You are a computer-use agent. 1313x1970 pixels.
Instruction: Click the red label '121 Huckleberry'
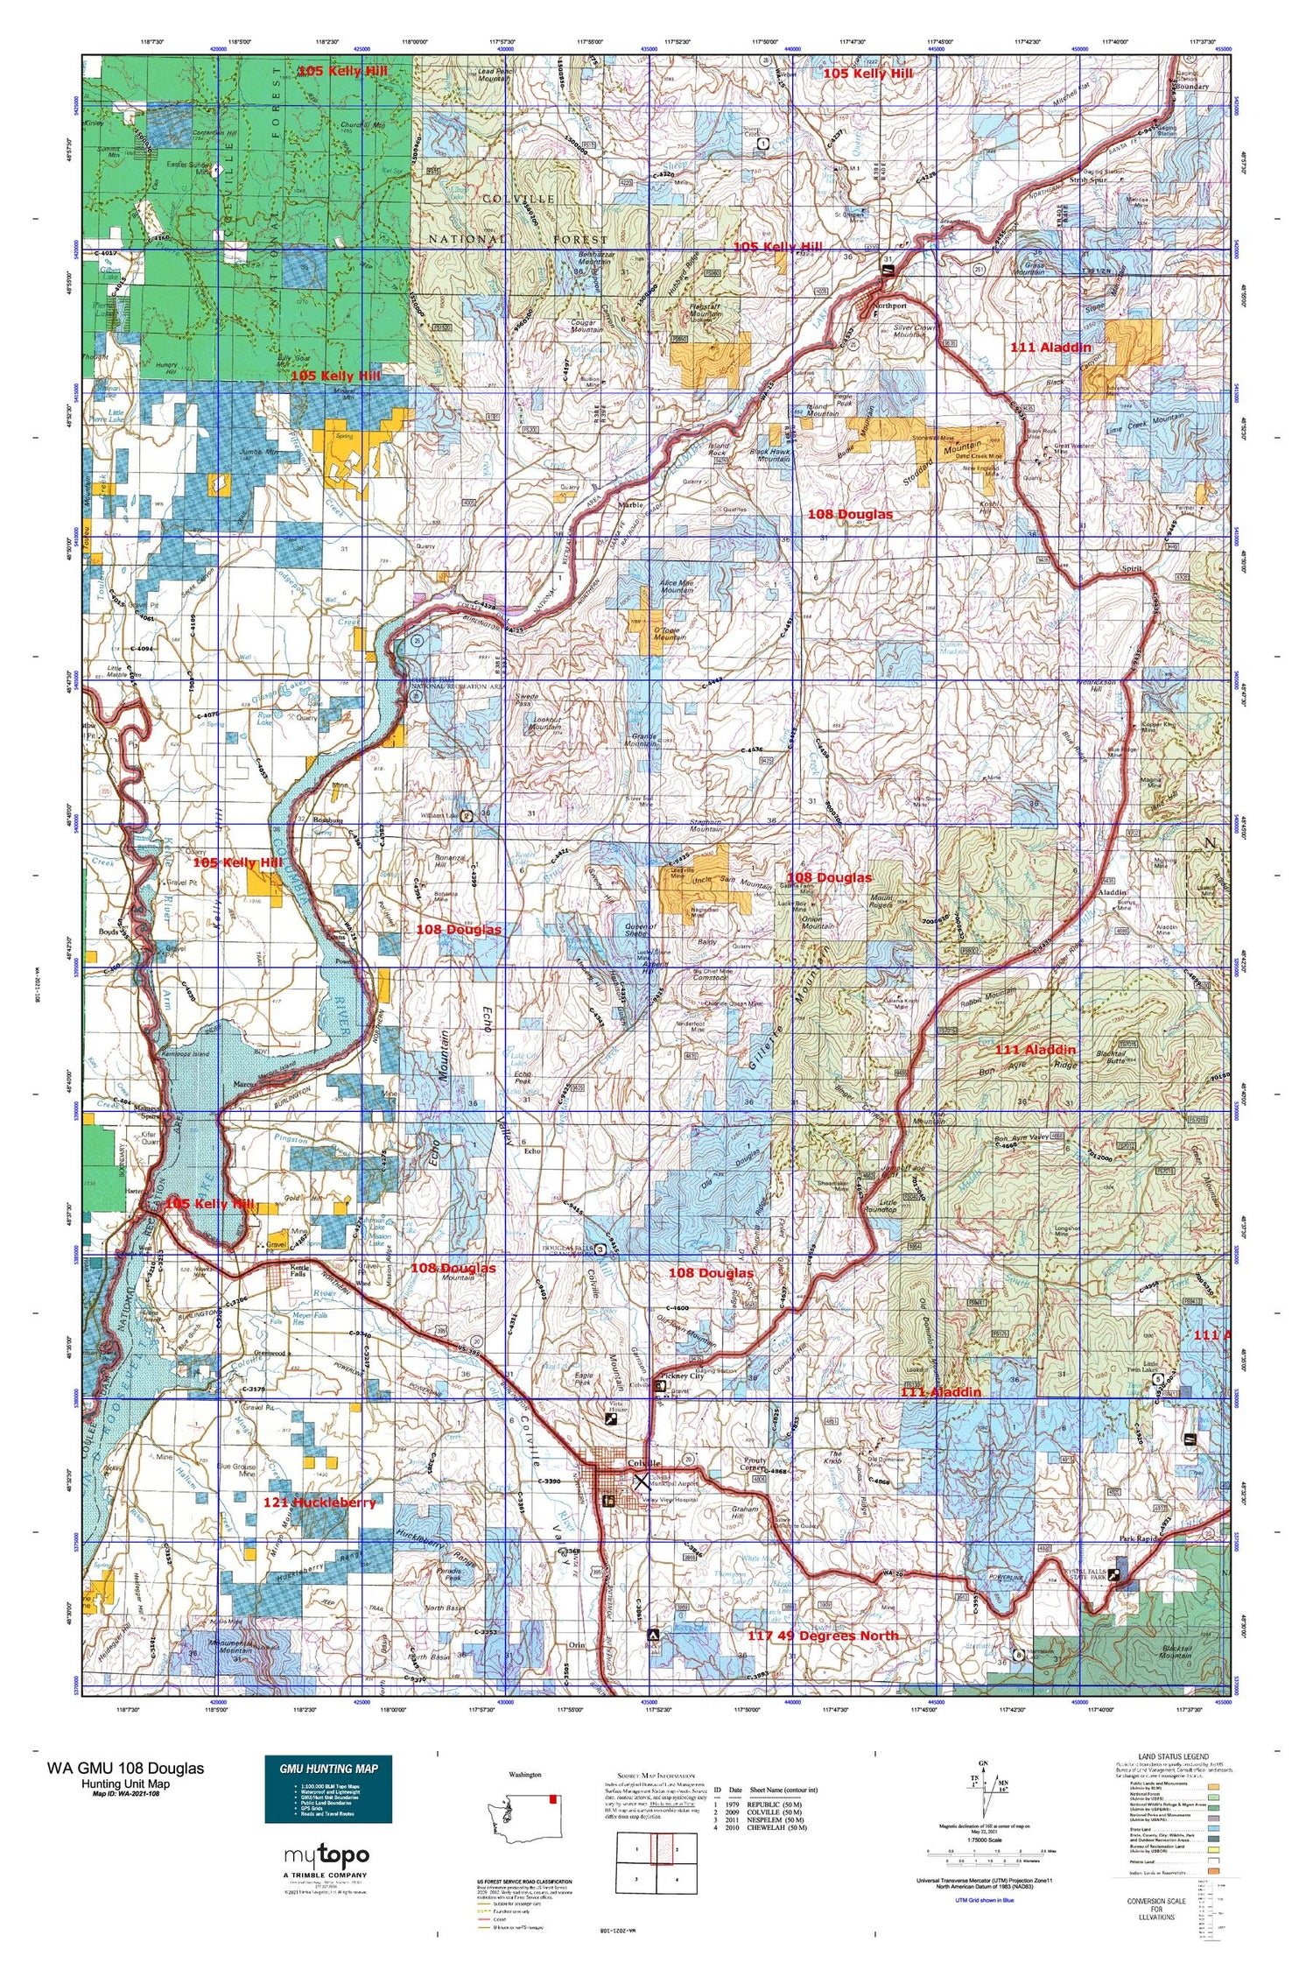click(x=319, y=1502)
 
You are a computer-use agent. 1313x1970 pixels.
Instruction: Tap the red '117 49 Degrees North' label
click(x=822, y=1636)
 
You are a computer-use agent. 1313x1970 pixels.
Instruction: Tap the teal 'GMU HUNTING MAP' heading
click(x=328, y=1768)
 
